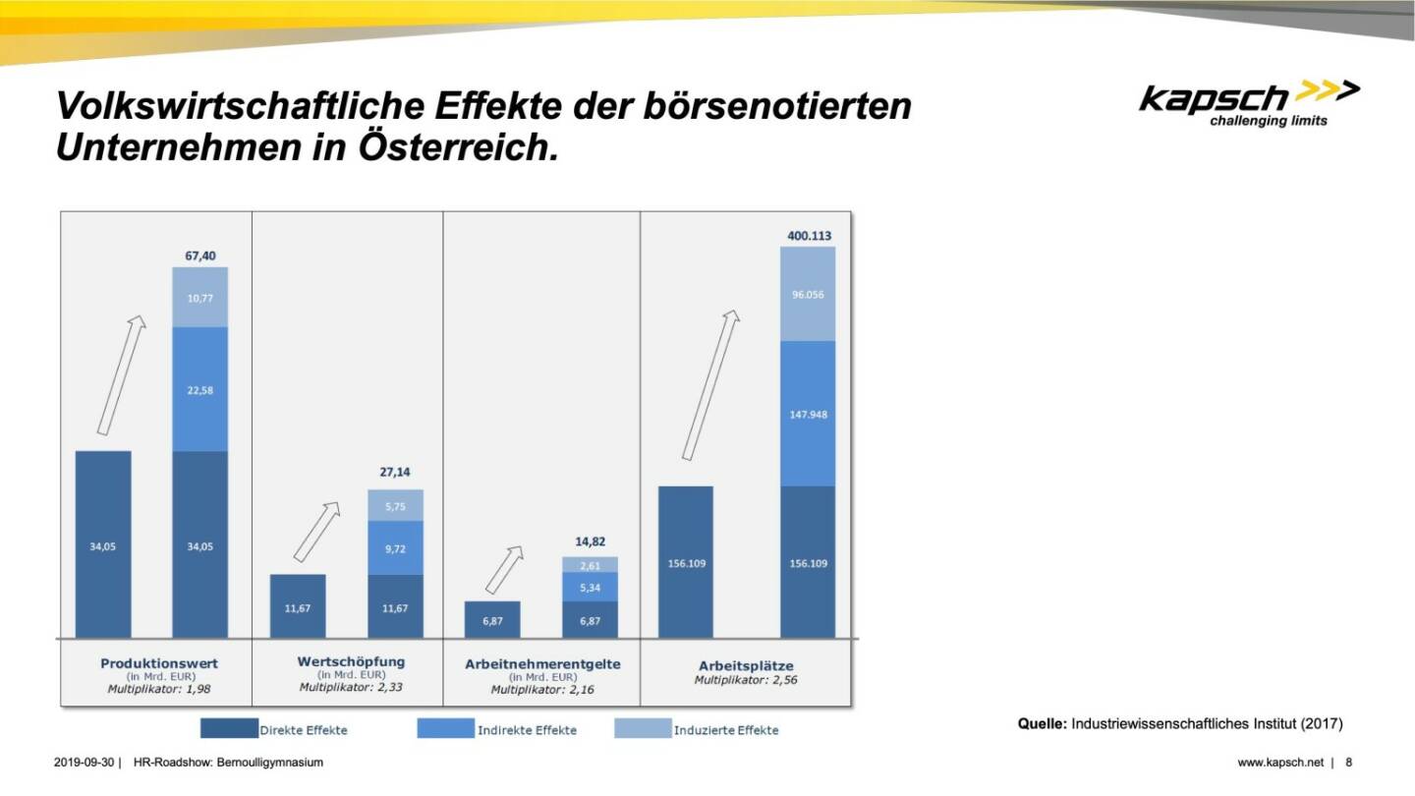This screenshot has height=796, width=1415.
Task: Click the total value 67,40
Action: point(199,256)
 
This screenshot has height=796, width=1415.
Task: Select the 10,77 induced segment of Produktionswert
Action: point(199,297)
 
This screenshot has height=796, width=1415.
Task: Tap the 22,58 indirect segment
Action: point(199,389)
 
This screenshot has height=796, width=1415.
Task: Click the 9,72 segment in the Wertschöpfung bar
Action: point(396,548)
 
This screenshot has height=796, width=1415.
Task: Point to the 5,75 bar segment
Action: point(396,505)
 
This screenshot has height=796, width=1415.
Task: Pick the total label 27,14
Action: point(396,472)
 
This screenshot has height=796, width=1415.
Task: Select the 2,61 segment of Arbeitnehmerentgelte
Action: point(591,565)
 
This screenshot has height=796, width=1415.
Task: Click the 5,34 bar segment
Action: point(591,588)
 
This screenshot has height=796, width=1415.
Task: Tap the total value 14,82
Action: point(591,540)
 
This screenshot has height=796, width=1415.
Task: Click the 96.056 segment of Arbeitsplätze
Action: point(808,294)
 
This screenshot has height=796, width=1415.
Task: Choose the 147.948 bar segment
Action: point(808,414)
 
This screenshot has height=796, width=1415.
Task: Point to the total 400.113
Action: point(808,236)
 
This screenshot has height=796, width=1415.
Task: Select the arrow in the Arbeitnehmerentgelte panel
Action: point(504,570)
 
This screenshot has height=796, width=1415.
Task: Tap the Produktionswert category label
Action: point(159,663)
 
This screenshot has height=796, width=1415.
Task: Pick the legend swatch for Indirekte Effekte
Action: point(445,729)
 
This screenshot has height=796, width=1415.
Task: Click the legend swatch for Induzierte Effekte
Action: point(642,729)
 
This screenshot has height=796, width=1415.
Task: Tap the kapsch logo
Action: point(1248,102)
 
